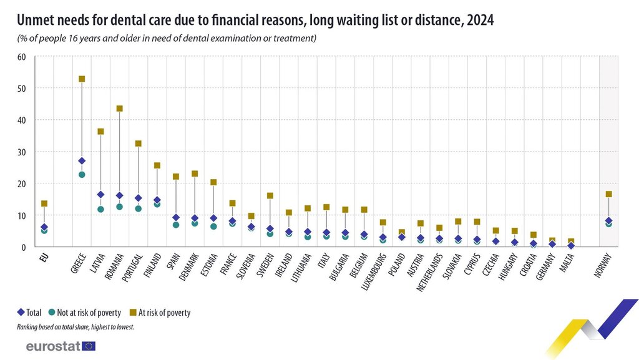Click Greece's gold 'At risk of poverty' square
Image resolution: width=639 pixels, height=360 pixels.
coord(82,79)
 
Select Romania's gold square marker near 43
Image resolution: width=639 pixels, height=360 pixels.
coord(120,109)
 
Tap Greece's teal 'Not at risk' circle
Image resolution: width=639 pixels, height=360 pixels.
coord(82,175)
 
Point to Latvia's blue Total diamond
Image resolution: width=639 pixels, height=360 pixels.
coord(100,195)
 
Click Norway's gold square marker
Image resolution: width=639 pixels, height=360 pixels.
coord(608,194)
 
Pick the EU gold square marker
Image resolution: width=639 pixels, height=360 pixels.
coord(44,203)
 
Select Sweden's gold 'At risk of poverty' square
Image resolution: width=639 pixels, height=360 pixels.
coord(270,196)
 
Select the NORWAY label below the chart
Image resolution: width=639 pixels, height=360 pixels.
coord(600,266)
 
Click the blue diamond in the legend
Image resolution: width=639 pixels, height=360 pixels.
coord(21,313)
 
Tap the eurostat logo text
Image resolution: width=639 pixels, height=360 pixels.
coord(53,346)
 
